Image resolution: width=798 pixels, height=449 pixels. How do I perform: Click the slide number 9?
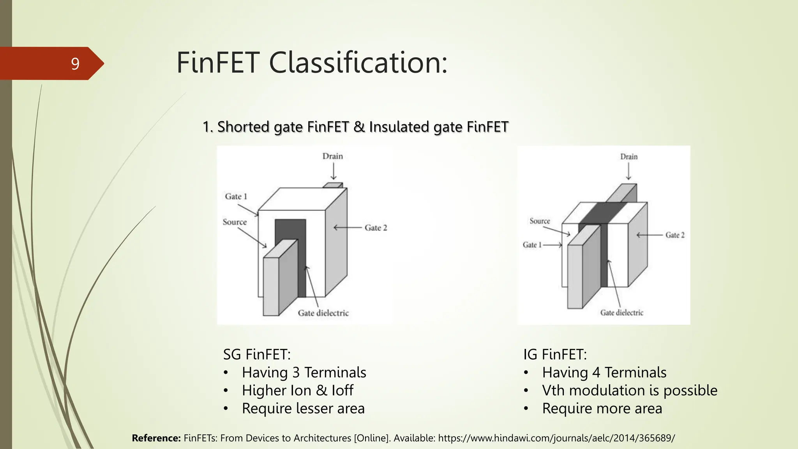pos(75,64)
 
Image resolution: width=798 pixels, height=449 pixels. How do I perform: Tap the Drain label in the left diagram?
pos(332,156)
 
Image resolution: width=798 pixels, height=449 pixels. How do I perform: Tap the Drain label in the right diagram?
pos(629,157)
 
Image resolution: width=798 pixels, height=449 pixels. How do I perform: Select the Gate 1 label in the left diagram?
pos(236,196)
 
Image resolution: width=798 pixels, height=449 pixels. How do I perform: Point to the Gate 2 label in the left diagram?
pos(376,228)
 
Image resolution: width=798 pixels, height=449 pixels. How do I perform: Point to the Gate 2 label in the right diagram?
pos(675,235)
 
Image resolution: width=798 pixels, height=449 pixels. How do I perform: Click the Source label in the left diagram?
pos(235,222)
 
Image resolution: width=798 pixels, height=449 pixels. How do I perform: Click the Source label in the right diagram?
pos(540,221)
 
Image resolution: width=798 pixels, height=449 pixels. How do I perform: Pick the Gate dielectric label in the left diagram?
pos(323,313)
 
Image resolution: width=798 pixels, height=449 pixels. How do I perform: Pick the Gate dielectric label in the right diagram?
pos(621,313)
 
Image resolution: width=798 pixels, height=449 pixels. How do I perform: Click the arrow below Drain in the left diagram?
pos(333,171)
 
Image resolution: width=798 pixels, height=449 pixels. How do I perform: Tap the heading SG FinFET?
pos(257,354)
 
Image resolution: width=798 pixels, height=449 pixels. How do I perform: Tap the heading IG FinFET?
pos(555,354)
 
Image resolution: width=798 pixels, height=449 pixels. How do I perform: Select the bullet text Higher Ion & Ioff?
pos(297,390)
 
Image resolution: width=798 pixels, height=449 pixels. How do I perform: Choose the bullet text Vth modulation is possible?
pos(629,390)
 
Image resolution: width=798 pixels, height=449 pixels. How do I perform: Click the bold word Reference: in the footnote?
pos(156,438)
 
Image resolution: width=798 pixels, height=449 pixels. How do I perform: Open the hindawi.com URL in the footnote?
pos(556,438)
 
